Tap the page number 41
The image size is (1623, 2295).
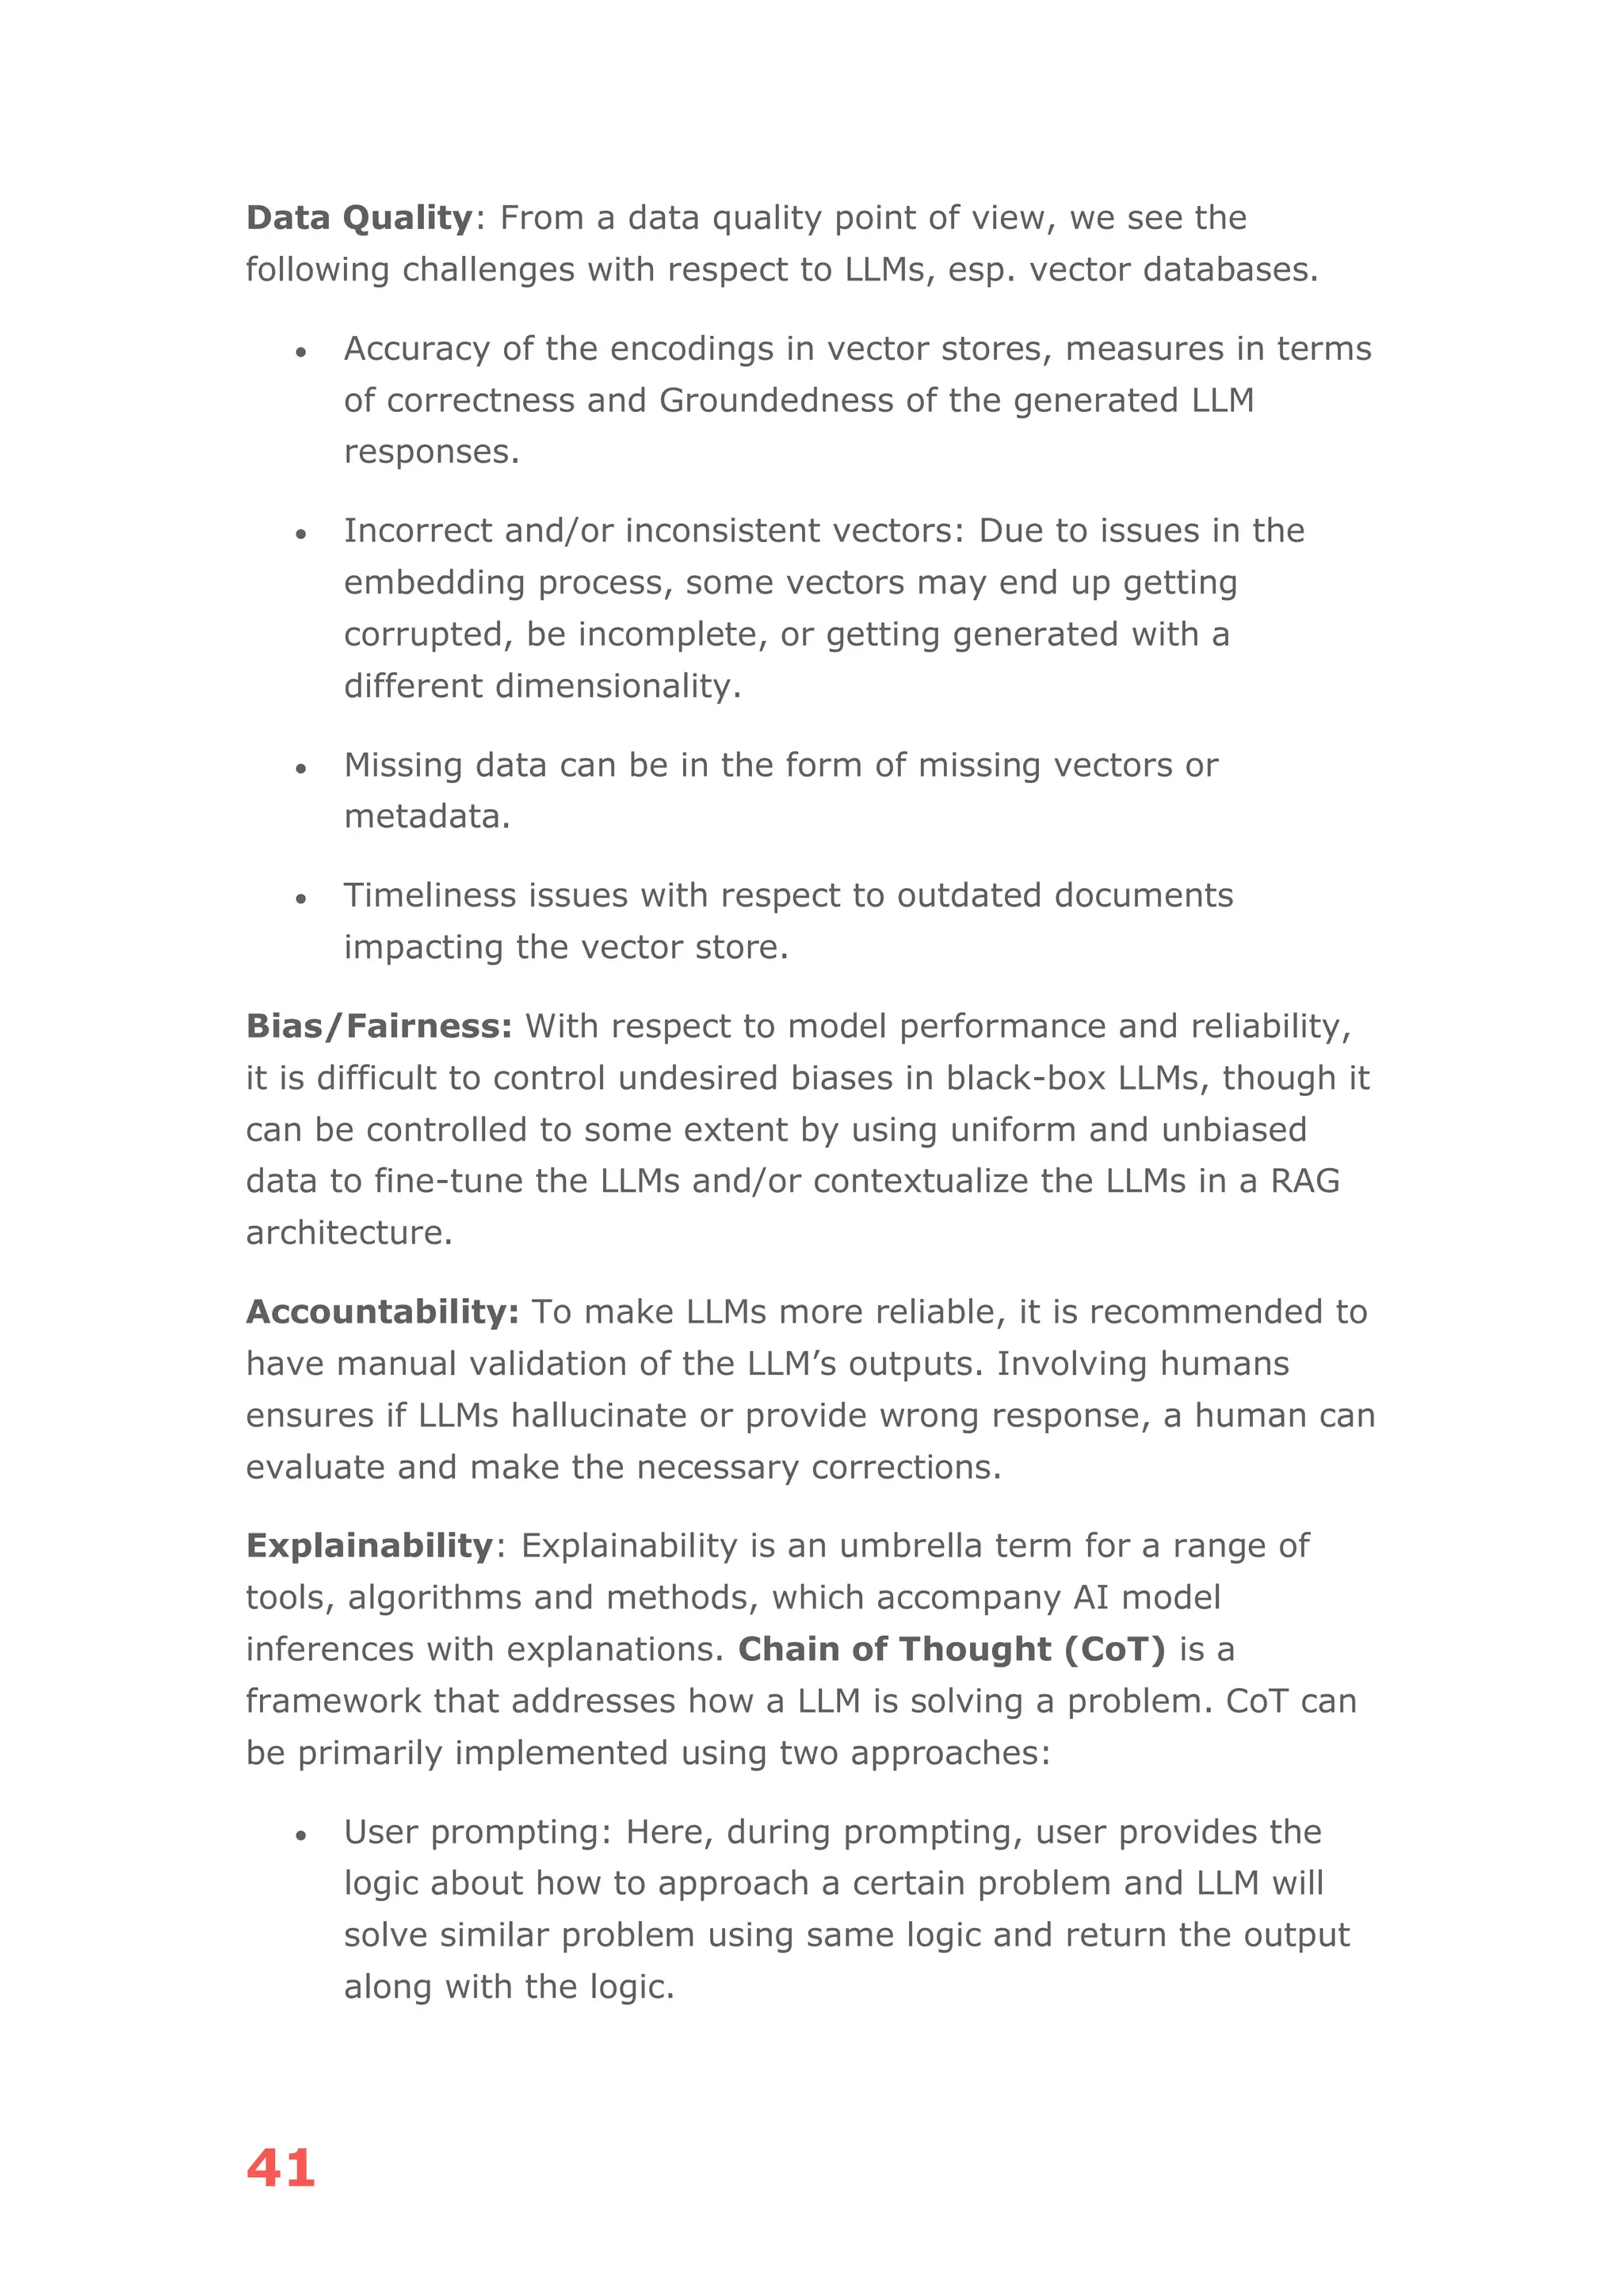(x=281, y=2168)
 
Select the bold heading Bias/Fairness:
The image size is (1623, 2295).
(x=379, y=1026)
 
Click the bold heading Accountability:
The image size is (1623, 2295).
(x=383, y=1312)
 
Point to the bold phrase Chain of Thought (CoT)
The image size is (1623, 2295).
(x=952, y=1648)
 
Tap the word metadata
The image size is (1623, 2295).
(x=426, y=817)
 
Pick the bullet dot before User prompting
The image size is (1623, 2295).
(x=300, y=1835)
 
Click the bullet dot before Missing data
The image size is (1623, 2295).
(x=300, y=769)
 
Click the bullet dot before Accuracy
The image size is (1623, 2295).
(x=300, y=352)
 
